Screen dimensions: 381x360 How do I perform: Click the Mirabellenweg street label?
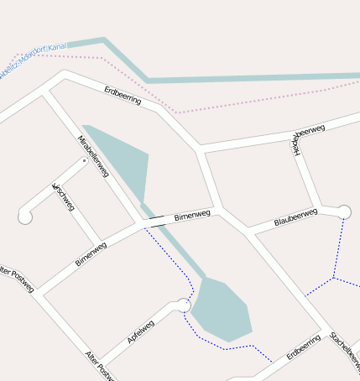coord(93,155)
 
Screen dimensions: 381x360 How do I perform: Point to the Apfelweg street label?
coord(141,332)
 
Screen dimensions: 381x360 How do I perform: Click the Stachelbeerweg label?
coord(345,350)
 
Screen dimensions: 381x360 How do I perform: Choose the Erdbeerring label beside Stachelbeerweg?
coord(304,347)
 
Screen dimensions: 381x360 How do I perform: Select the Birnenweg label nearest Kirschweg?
coord(91,253)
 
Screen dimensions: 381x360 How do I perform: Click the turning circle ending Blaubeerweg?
coord(343,211)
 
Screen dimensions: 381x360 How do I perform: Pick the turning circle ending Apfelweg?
coord(184,306)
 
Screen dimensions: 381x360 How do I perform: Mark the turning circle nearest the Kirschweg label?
coord(25,217)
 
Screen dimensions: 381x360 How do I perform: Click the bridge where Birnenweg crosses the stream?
coord(156,221)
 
